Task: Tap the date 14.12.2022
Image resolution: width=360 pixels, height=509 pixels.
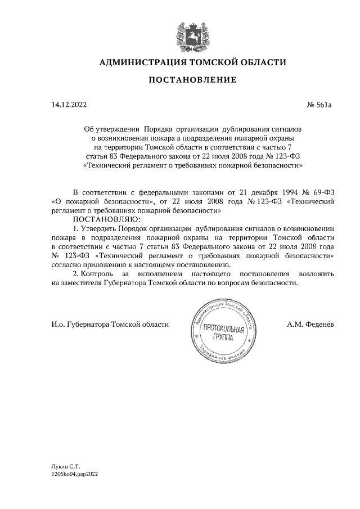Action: tap(68, 105)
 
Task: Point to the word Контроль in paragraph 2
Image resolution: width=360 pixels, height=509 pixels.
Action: tap(99, 273)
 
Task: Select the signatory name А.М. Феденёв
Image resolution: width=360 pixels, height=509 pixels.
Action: tap(309, 325)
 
